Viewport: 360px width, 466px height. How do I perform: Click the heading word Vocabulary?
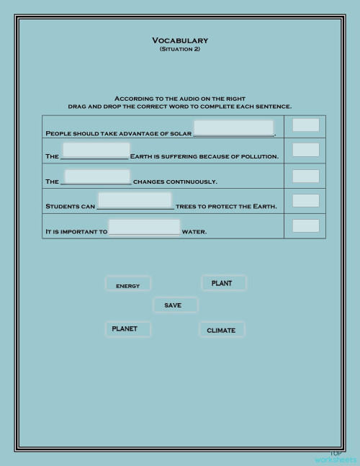click(180, 40)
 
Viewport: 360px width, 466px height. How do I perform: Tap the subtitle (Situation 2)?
click(180, 49)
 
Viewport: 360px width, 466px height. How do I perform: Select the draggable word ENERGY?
click(128, 284)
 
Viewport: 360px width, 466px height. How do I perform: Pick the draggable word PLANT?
click(223, 283)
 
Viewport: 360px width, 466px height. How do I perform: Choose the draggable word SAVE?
click(174, 305)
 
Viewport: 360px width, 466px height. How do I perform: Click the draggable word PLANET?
click(128, 329)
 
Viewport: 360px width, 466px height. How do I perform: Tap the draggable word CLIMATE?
click(222, 330)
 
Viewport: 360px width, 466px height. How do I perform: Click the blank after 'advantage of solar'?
click(233, 128)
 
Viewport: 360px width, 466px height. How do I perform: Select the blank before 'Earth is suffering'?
click(96, 151)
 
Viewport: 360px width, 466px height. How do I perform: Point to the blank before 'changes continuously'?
click(97, 177)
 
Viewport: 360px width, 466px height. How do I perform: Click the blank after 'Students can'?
click(135, 201)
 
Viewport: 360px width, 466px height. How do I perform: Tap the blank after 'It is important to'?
click(144, 228)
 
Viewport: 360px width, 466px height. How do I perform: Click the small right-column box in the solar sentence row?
click(305, 125)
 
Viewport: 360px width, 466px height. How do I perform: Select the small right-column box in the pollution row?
click(305, 150)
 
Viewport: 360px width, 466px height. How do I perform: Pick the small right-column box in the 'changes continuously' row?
click(305, 176)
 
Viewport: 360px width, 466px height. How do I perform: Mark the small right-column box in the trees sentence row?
click(305, 201)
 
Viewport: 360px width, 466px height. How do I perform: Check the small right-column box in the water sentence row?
click(305, 226)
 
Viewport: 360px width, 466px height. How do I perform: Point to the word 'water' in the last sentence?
click(194, 232)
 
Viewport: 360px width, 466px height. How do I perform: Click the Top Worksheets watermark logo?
click(336, 457)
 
